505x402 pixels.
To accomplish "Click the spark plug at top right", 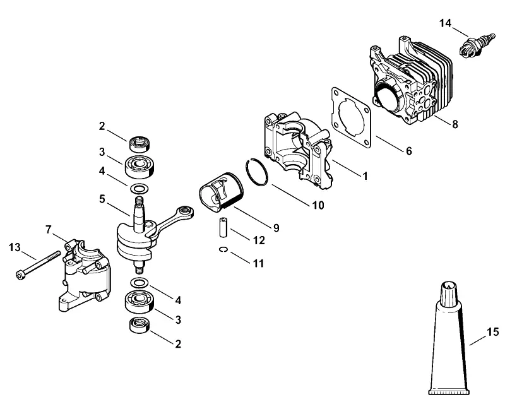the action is point(477,45).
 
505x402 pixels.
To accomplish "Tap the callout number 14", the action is point(446,23).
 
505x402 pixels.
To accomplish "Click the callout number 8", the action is point(454,124).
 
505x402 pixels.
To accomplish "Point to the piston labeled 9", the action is point(222,192).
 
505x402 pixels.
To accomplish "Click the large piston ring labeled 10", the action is point(257,172).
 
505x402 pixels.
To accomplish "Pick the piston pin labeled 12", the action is point(223,228).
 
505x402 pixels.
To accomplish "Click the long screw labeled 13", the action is point(38,265).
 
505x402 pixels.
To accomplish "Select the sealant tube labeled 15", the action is point(449,338).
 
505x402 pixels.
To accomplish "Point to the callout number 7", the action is point(48,230).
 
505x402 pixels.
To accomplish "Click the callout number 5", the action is point(102,199).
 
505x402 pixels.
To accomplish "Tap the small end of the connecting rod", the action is point(186,211).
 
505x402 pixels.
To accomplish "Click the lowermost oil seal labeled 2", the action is point(140,325).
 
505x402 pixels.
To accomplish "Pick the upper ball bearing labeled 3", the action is point(139,166).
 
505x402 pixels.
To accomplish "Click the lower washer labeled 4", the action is point(140,283).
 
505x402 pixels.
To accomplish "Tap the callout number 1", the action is point(365,175).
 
